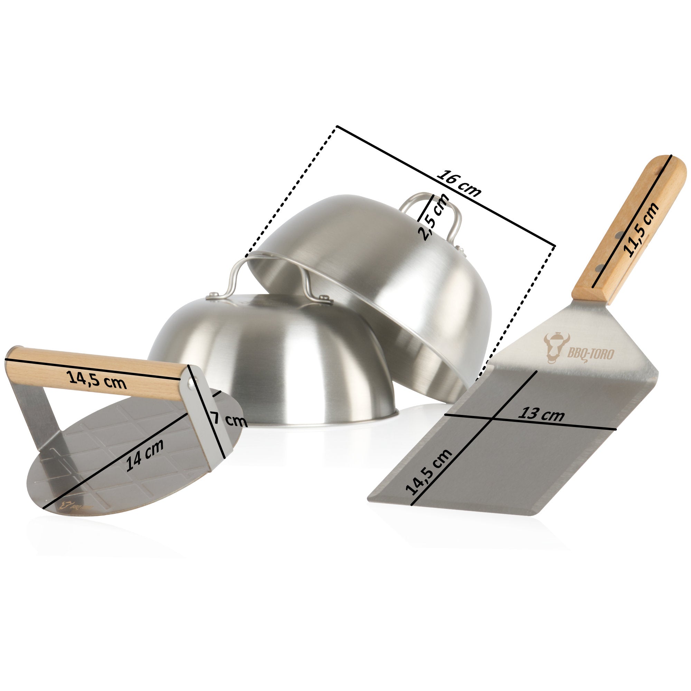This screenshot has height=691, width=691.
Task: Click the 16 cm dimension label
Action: click(x=459, y=184)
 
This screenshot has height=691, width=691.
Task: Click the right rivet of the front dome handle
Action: click(x=325, y=296)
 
